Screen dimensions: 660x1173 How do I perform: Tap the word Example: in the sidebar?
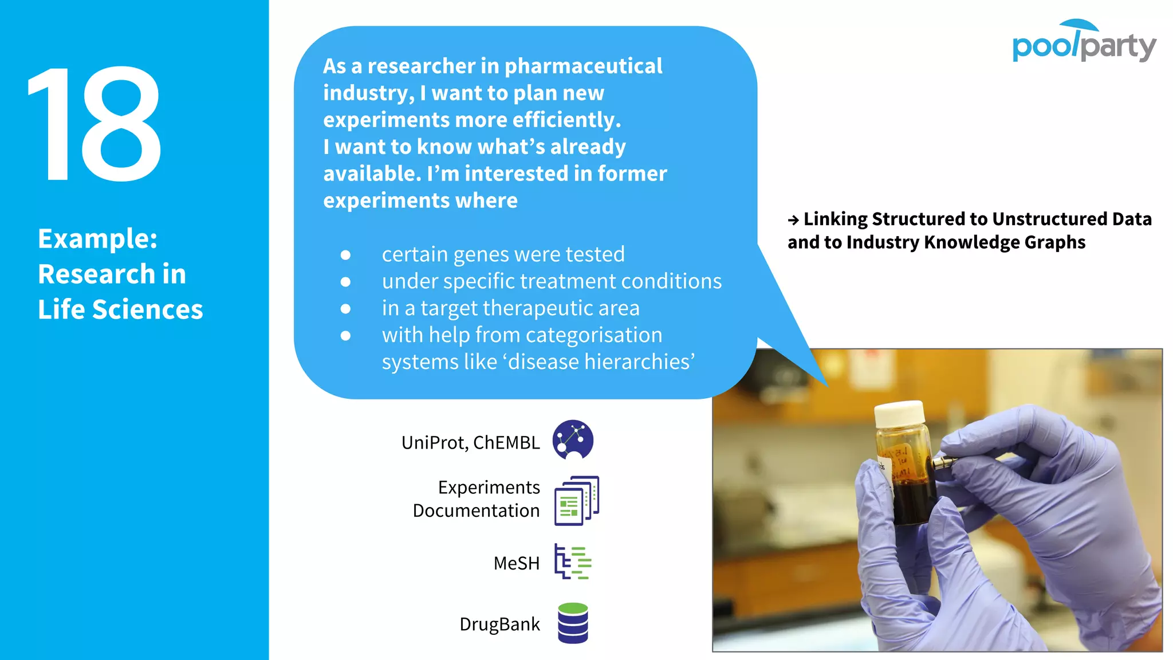[x=97, y=238]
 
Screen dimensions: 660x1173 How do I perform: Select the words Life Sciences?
[x=120, y=309]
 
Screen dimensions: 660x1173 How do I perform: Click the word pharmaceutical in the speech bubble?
[x=583, y=66]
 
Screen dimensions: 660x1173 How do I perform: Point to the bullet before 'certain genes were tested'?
[x=345, y=255]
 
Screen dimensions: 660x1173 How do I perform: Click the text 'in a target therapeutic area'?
[x=510, y=308]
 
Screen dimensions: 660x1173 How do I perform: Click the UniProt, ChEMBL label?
[x=470, y=442]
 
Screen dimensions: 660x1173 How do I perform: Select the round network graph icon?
[x=573, y=439]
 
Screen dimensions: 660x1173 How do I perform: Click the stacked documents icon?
[x=576, y=500]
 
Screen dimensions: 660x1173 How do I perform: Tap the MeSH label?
[x=516, y=563]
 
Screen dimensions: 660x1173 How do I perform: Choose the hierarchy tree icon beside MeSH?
[x=572, y=561]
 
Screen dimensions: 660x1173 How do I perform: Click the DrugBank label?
[x=499, y=624]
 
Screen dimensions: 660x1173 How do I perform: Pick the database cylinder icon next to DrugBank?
[x=573, y=623]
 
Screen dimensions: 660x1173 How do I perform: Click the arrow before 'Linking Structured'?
[x=793, y=220]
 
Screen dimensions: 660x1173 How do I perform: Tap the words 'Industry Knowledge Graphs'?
[x=966, y=242]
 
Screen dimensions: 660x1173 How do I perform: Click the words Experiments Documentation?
[x=477, y=498]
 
